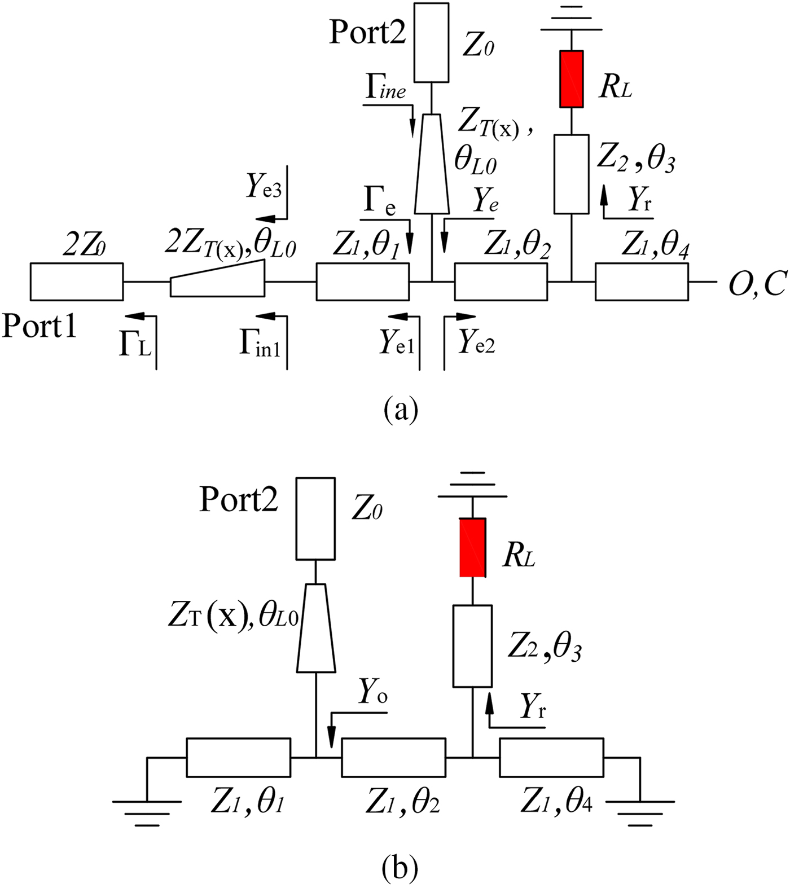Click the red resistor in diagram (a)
click(571, 79)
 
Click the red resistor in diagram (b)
click(473, 547)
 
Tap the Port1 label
click(39, 326)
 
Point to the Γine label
click(385, 90)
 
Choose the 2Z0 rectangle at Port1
click(77, 282)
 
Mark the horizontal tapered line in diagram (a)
click(217, 278)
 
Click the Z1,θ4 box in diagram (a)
click(642, 282)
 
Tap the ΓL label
click(135, 343)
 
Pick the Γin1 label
click(259, 343)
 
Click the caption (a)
click(401, 409)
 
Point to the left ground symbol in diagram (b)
click(147, 806)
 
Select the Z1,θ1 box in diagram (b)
click(238, 757)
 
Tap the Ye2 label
click(477, 342)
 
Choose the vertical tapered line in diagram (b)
click(316, 627)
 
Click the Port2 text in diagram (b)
click(239, 499)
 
